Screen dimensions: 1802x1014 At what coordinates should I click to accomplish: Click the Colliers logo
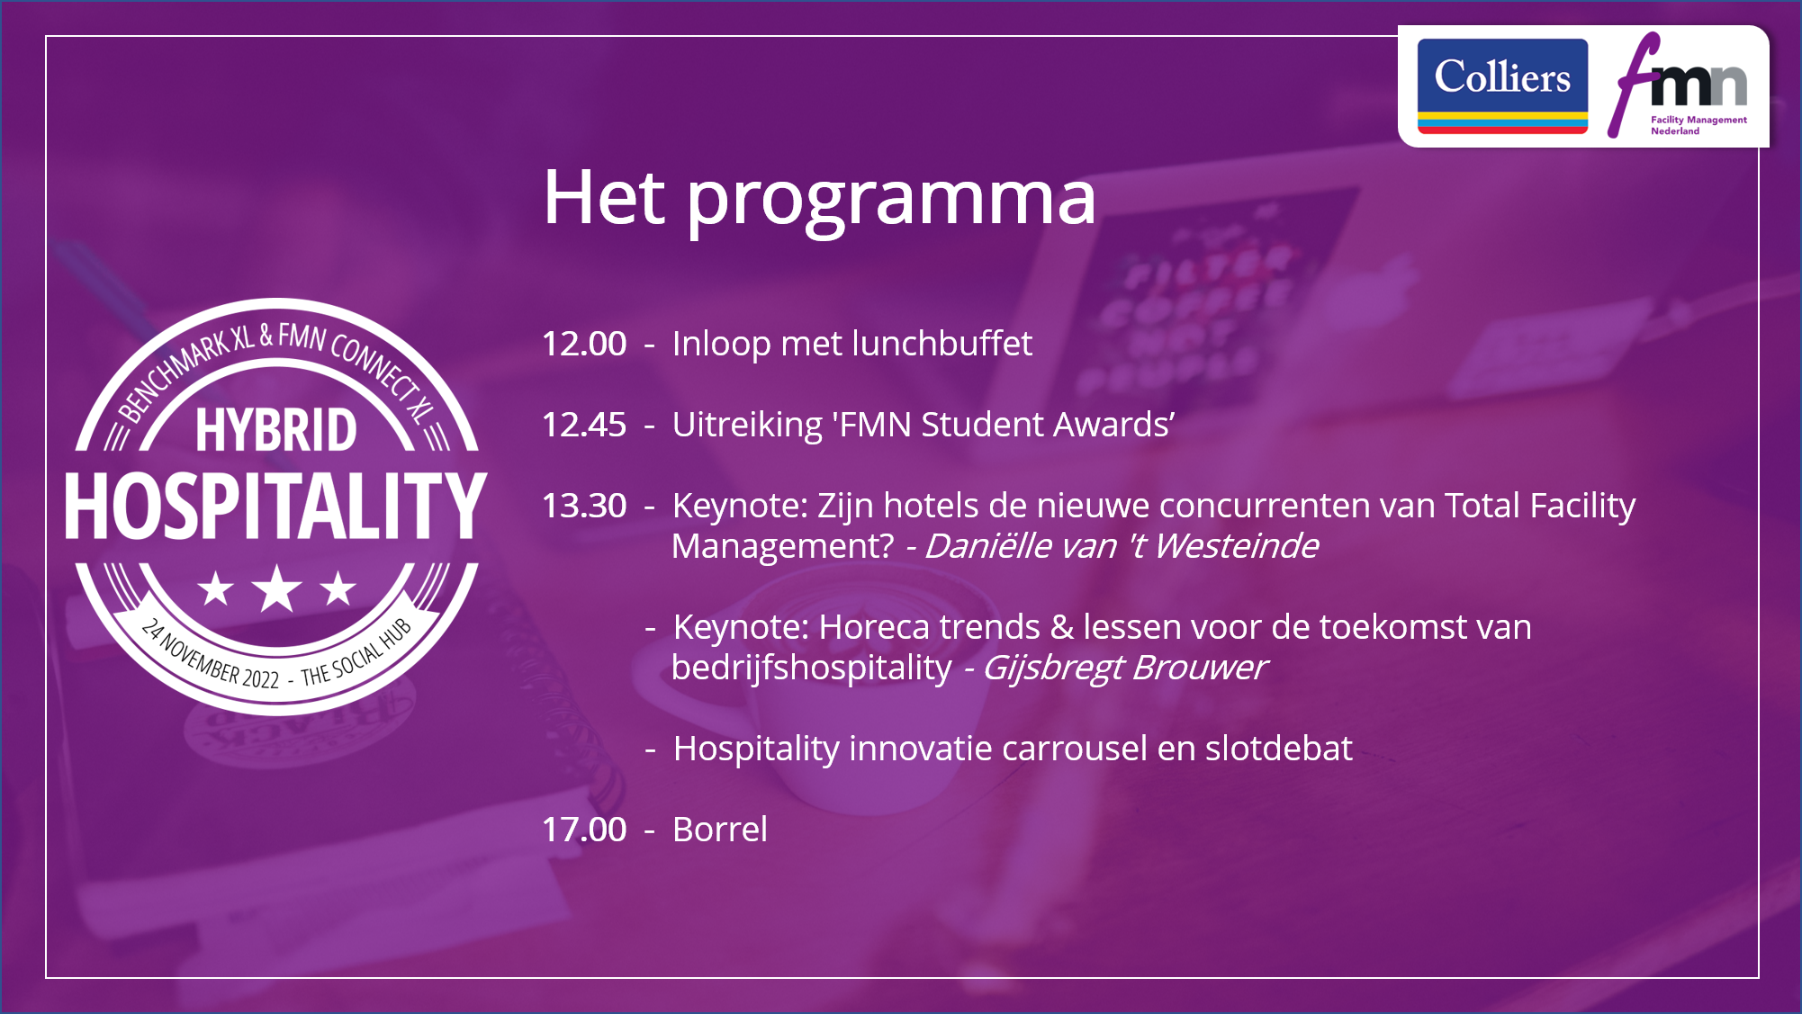tap(1502, 86)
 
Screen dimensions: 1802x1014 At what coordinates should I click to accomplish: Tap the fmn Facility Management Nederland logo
tap(1678, 85)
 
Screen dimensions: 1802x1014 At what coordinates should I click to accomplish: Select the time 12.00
tap(584, 344)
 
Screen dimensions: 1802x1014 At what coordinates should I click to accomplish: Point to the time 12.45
tap(584, 425)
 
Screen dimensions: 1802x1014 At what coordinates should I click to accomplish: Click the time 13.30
tap(584, 506)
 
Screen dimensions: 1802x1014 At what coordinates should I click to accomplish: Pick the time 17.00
tap(584, 830)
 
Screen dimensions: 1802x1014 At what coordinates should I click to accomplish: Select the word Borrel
tap(720, 830)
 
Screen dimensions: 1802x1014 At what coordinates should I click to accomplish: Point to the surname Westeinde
tap(1236, 546)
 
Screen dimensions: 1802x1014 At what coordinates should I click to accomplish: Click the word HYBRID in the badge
tap(276, 430)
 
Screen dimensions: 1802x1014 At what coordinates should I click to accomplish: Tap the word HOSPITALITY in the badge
tap(276, 506)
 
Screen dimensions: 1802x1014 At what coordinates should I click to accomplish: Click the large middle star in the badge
tap(276, 589)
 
